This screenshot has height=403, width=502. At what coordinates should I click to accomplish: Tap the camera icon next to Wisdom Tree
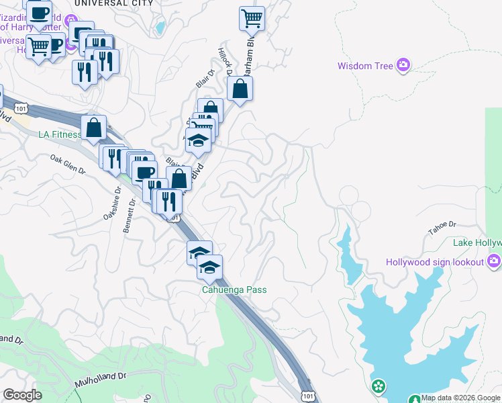403,65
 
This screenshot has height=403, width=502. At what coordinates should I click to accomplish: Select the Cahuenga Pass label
235,290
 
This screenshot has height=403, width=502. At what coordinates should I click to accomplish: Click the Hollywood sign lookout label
436,261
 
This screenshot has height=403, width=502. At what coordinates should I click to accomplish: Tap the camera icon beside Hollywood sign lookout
495,261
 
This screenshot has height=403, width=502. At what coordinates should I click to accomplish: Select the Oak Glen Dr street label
68,165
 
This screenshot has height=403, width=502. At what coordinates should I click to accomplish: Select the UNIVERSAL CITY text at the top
113,3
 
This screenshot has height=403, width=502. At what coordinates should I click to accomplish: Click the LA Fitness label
59,134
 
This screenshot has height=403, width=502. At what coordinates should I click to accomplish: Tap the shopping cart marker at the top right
252,18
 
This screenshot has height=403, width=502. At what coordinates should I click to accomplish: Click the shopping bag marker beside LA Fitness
94,126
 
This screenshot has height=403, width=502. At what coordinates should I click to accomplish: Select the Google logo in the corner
22,395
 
